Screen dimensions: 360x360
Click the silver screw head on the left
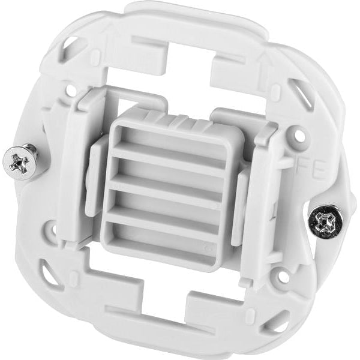18,161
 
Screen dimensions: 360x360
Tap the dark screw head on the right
326,223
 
